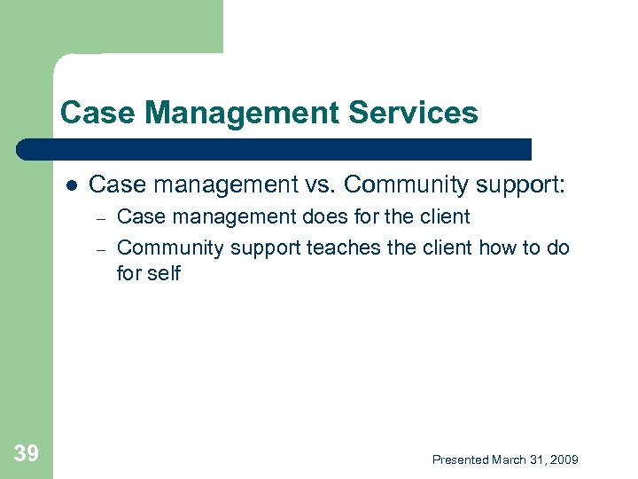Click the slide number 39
coord(27,454)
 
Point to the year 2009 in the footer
coord(564,459)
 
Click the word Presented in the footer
coord(460,459)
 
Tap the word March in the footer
coord(509,459)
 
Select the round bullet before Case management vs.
coord(70,185)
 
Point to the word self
coord(164,274)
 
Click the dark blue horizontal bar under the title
coord(275,150)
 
